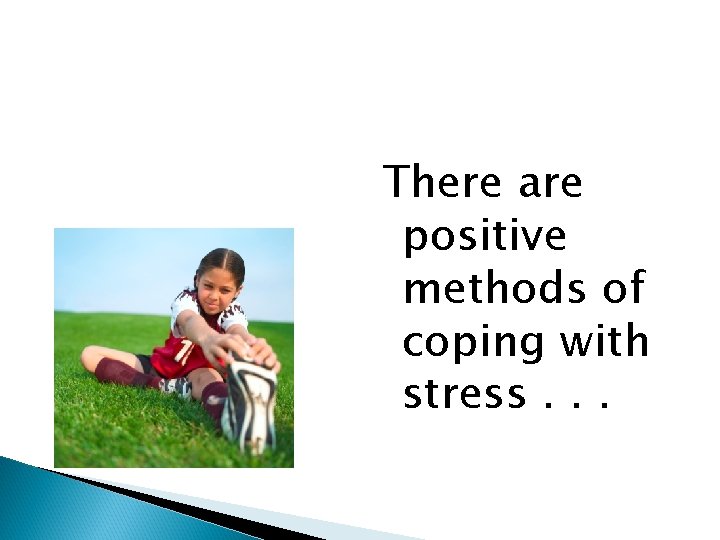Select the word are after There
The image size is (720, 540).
[x=550, y=184]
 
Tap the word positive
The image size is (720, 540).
[x=484, y=237]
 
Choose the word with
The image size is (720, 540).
[x=605, y=341]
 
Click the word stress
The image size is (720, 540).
[x=463, y=395]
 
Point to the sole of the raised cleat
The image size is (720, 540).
[x=249, y=405]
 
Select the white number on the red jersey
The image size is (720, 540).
[x=185, y=351]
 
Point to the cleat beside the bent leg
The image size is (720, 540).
[x=176, y=386]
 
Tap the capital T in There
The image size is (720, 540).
[x=399, y=183]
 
